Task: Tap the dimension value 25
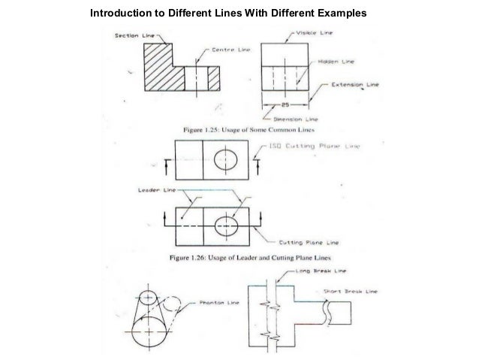tap(285, 106)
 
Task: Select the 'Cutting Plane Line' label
tap(309, 243)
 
